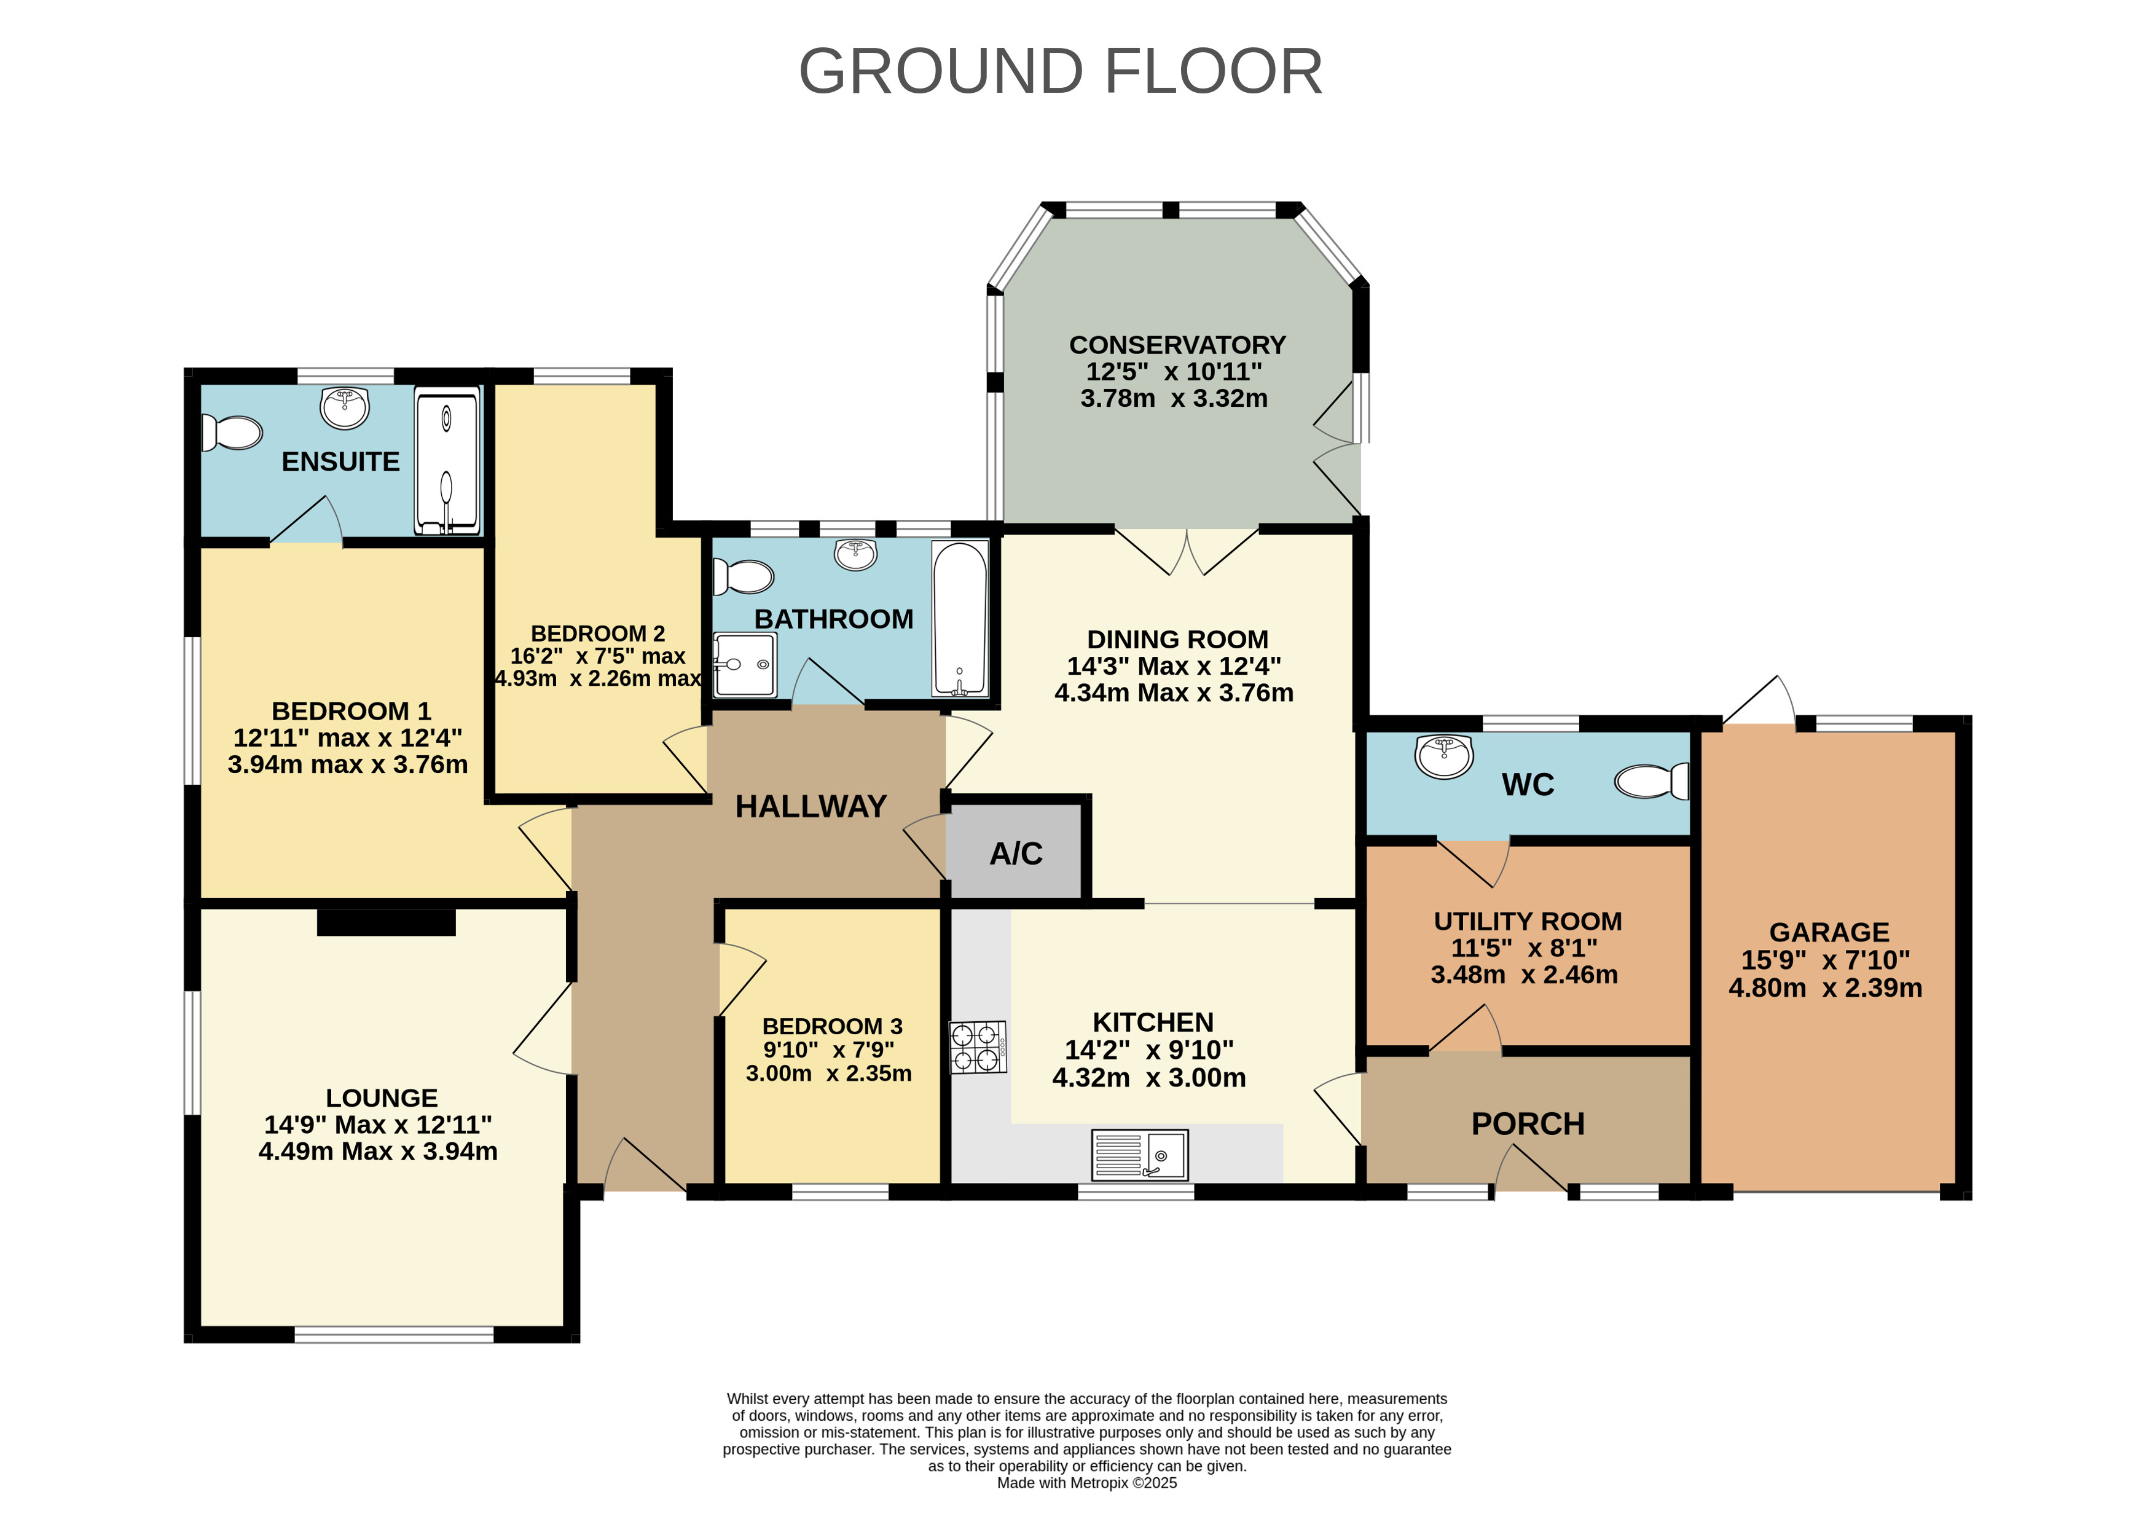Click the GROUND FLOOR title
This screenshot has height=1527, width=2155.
click(x=1061, y=71)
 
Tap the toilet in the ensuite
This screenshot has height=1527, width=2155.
click(x=231, y=433)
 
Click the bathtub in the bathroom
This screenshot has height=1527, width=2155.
click(x=960, y=619)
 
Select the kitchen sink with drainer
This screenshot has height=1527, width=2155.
click(x=1139, y=1155)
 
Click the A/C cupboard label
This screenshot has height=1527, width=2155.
click(x=1016, y=854)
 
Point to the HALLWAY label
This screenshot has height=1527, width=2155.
click(x=811, y=807)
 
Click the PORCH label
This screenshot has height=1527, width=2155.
click(x=1528, y=1124)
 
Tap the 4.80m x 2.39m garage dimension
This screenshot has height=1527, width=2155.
click(x=1825, y=988)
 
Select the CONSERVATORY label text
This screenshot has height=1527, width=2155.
click(x=1177, y=345)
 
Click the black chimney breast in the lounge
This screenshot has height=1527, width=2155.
click(x=387, y=922)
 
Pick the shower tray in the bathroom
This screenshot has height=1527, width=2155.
click(x=745, y=665)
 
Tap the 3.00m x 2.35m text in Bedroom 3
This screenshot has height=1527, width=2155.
click(x=828, y=1074)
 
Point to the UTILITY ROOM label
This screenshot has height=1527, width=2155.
click(x=1528, y=922)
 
